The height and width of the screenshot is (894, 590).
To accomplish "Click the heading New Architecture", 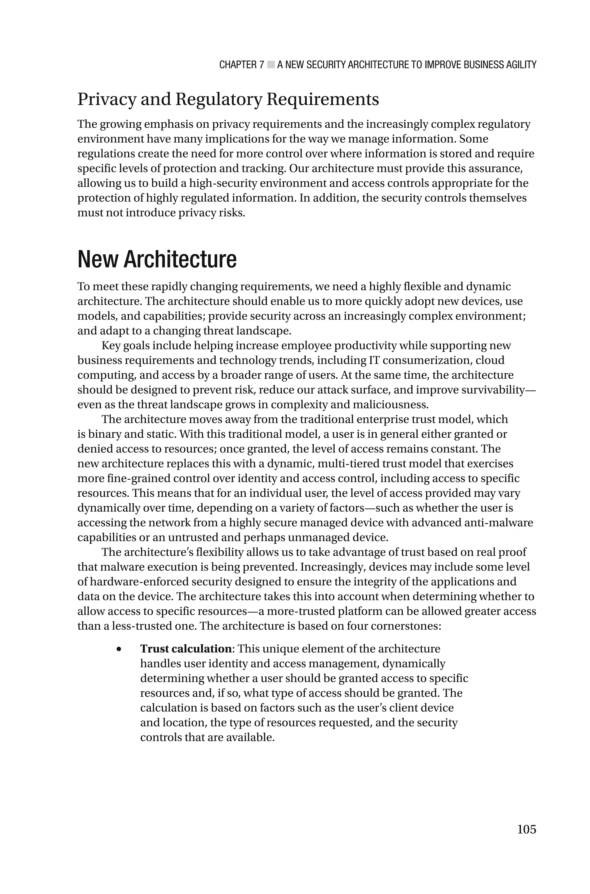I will coord(157,259).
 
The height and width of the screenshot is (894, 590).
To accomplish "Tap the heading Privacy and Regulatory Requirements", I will coord(228,99).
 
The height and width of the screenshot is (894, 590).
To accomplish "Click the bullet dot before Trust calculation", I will coord(119,649).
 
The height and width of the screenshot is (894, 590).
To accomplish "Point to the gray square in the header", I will coord(271,65).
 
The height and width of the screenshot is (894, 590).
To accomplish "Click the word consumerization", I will coord(428,360).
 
